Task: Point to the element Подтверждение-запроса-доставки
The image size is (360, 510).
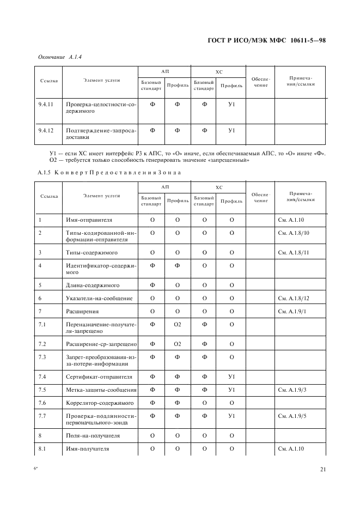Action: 101,133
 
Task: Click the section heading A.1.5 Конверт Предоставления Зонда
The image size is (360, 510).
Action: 109,172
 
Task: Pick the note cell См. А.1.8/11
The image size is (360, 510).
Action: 294,253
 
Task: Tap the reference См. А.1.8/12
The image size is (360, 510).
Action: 294,298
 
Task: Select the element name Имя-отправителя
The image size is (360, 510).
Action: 89,220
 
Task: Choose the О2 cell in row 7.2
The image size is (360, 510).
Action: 177,344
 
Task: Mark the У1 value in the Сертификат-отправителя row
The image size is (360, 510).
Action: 231,377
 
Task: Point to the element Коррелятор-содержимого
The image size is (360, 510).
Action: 100,403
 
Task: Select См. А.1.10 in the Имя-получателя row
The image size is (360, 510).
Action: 292,448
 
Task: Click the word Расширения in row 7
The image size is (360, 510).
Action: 82,311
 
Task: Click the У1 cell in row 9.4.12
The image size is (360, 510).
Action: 231,130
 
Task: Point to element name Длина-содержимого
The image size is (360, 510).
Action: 92,285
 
